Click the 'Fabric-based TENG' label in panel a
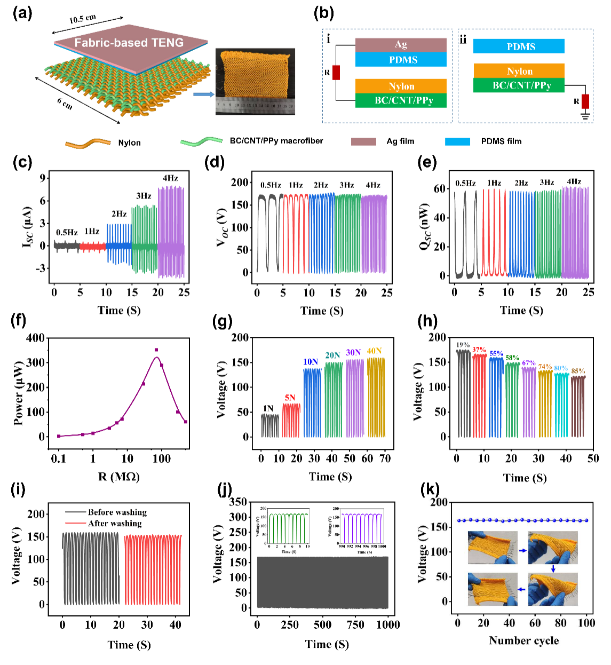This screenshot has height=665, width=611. click(x=129, y=43)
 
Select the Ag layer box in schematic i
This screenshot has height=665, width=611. click(x=401, y=45)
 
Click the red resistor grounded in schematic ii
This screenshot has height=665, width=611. click(x=585, y=101)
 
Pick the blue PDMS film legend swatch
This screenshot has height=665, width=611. click(x=457, y=141)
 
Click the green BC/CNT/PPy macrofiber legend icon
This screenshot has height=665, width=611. click(x=201, y=141)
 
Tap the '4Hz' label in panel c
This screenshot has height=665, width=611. click(x=170, y=178)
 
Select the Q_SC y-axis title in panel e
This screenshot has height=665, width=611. click(x=425, y=226)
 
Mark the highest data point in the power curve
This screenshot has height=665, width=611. click(x=156, y=350)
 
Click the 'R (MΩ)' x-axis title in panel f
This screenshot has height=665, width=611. click(x=118, y=477)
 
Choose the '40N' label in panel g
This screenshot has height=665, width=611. click(x=374, y=351)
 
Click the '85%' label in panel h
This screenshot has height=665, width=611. click(x=578, y=371)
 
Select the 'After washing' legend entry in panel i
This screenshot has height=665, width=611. click(x=114, y=524)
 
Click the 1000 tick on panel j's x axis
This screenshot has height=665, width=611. click(x=388, y=625)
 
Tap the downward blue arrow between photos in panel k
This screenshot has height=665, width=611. click(x=553, y=569)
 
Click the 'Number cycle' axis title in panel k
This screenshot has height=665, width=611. click(x=523, y=641)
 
